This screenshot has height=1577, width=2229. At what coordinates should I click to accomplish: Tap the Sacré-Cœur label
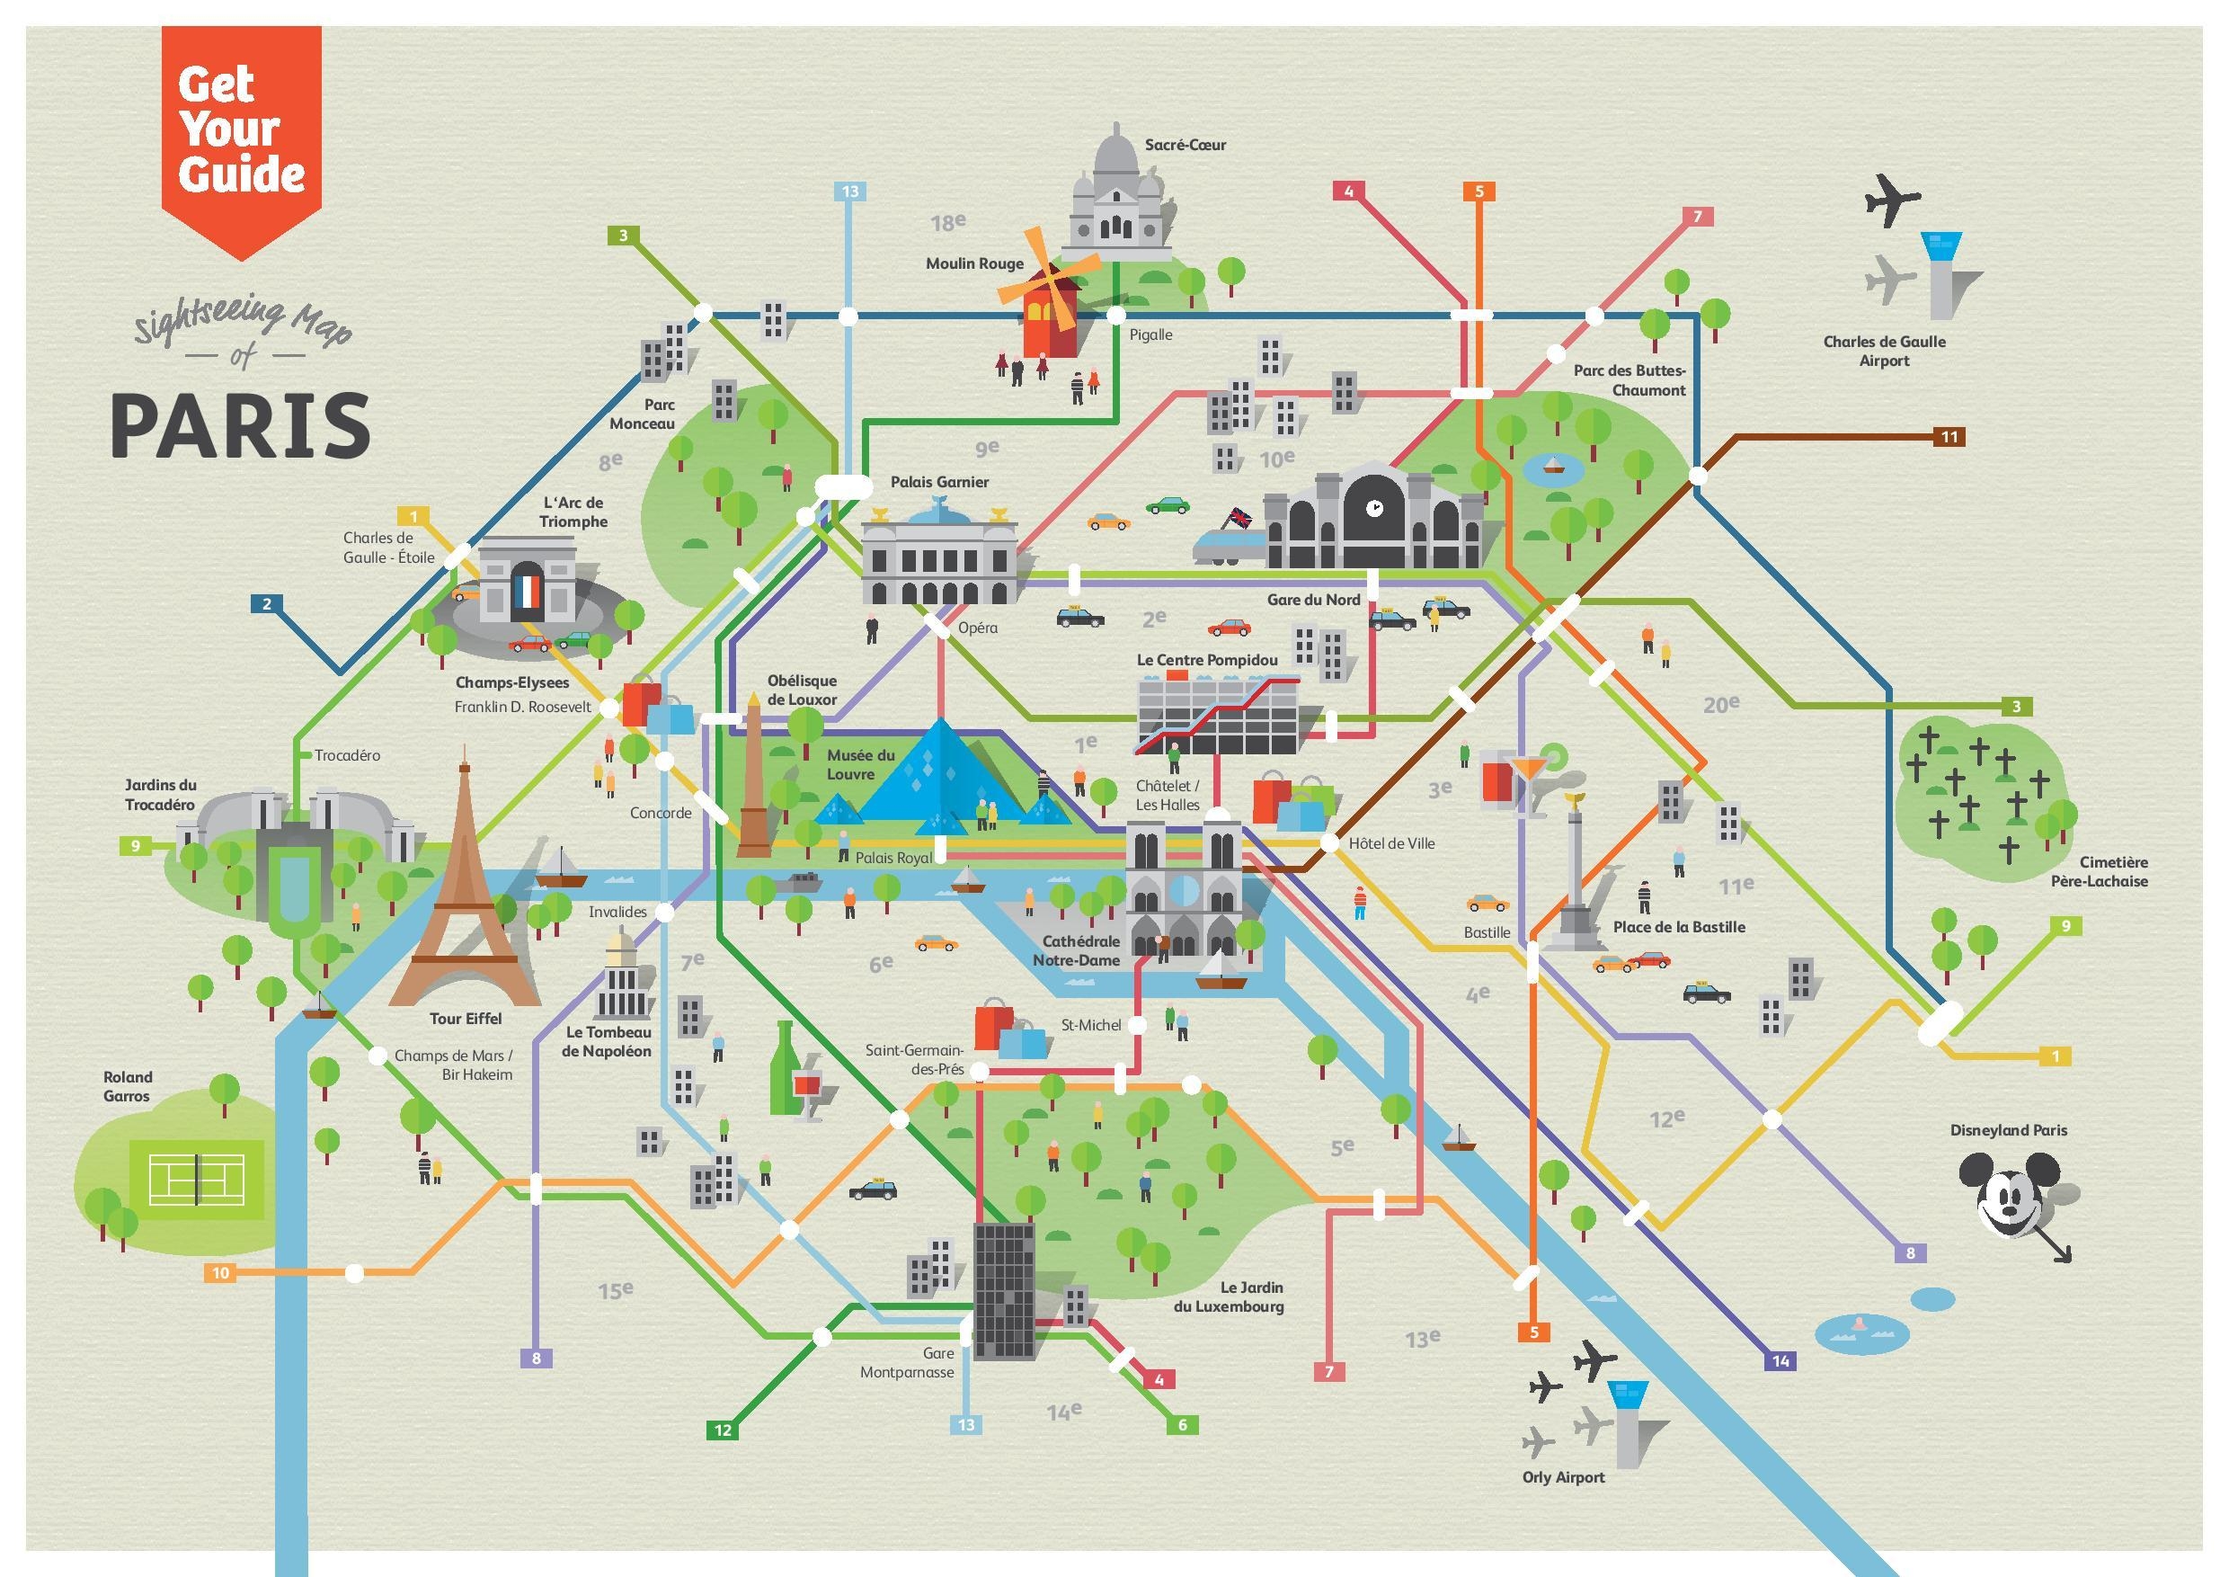1185,145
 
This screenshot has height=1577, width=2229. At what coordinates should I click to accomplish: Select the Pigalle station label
1150,335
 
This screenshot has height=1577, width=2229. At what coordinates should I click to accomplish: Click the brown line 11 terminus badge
1949,437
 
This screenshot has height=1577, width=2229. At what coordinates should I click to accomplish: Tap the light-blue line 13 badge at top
850,192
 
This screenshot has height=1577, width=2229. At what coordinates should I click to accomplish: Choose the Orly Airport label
1563,1477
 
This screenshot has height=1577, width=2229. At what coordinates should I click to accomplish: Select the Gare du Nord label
1313,600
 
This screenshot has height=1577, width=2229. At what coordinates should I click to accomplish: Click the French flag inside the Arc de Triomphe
528,592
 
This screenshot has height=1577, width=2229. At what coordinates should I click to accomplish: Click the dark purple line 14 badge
1780,1360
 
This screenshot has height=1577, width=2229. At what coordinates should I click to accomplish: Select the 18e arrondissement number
947,222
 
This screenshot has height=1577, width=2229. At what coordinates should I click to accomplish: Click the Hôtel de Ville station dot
1330,842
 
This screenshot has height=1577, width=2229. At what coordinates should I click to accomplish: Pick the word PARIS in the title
241,426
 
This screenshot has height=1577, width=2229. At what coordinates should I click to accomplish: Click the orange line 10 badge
220,1273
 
